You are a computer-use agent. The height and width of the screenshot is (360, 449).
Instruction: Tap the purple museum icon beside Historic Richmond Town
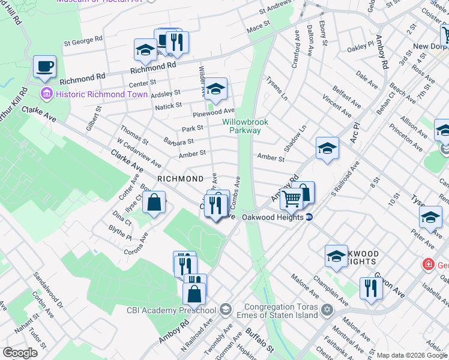(46, 94)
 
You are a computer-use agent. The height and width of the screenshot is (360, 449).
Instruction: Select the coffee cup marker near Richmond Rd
(45, 67)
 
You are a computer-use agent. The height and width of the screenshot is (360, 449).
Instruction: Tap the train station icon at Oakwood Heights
(309, 217)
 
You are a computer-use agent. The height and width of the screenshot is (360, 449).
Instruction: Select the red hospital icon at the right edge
(429, 264)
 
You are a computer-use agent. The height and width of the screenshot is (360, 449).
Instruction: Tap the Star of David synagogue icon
(327, 310)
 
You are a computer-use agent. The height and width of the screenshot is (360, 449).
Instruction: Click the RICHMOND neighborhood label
(180, 179)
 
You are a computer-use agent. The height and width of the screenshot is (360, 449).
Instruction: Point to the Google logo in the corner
(21, 353)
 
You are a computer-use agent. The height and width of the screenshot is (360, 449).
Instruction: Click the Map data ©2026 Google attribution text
(412, 355)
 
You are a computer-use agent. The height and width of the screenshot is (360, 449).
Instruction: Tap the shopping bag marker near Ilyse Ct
(154, 203)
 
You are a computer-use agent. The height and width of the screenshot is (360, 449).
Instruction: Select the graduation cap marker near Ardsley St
(217, 88)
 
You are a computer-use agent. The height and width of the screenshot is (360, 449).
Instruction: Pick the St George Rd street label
(83, 41)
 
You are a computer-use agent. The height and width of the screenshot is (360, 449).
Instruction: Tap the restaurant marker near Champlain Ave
(370, 288)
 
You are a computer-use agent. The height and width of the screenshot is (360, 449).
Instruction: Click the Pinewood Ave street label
(213, 112)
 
